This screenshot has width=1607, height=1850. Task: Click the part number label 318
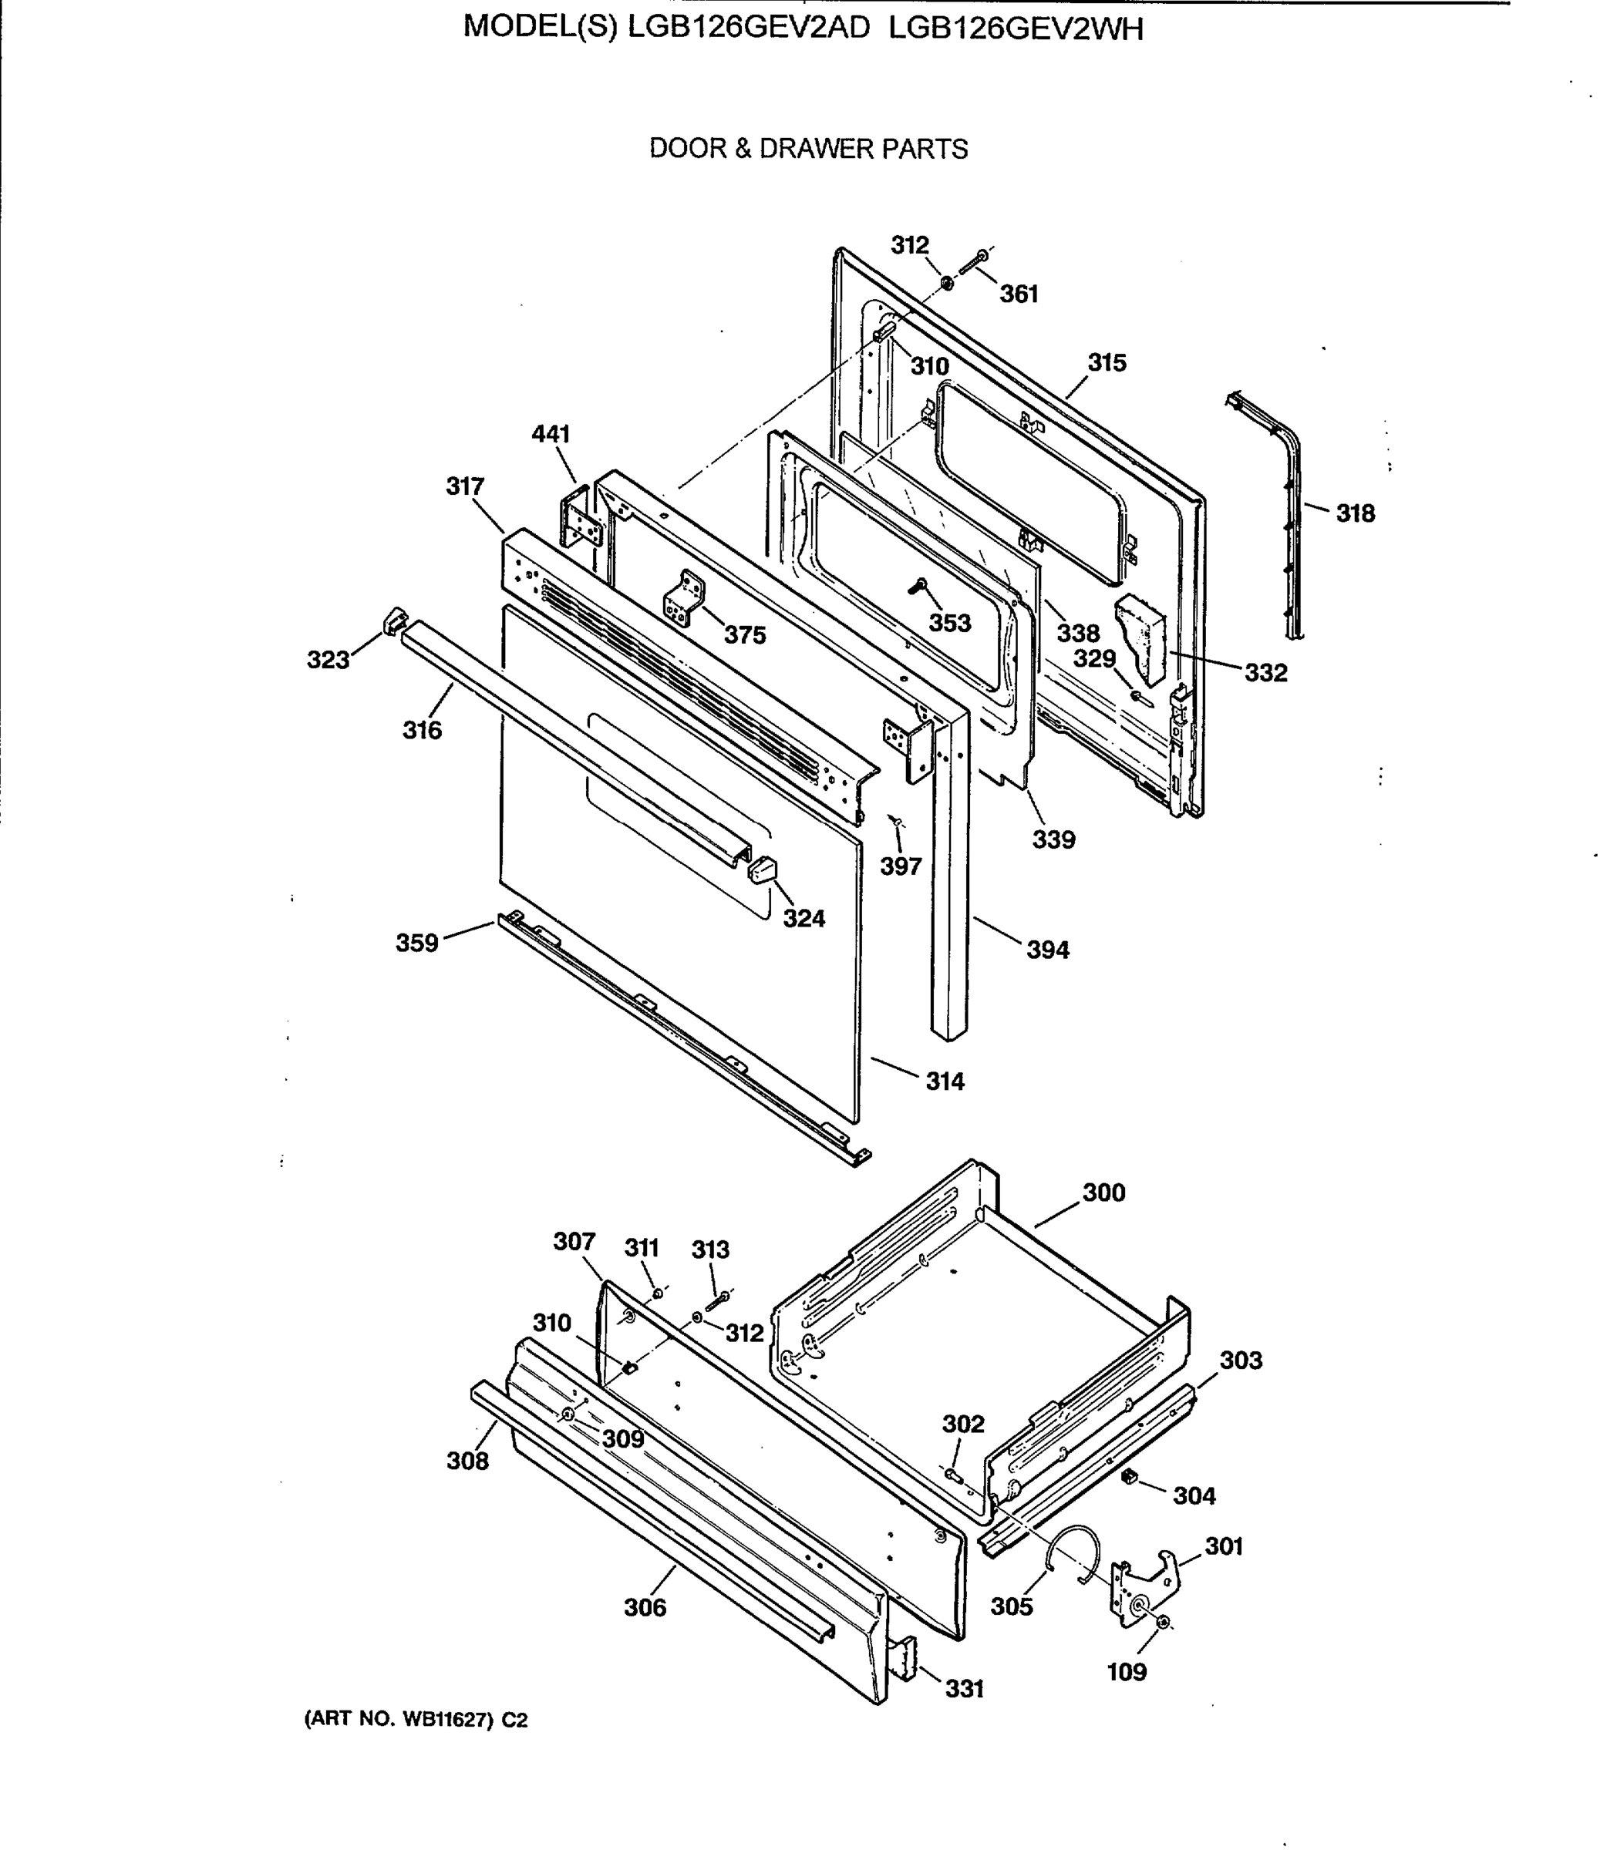(1354, 513)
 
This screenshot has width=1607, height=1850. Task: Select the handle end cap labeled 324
(761, 869)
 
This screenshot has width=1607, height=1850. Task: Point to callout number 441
(551, 435)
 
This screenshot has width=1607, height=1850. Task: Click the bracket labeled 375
(685, 599)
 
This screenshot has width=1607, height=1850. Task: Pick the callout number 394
(1047, 950)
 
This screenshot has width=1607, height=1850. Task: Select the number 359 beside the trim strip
(417, 943)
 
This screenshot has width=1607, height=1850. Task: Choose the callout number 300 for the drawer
(1103, 1193)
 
